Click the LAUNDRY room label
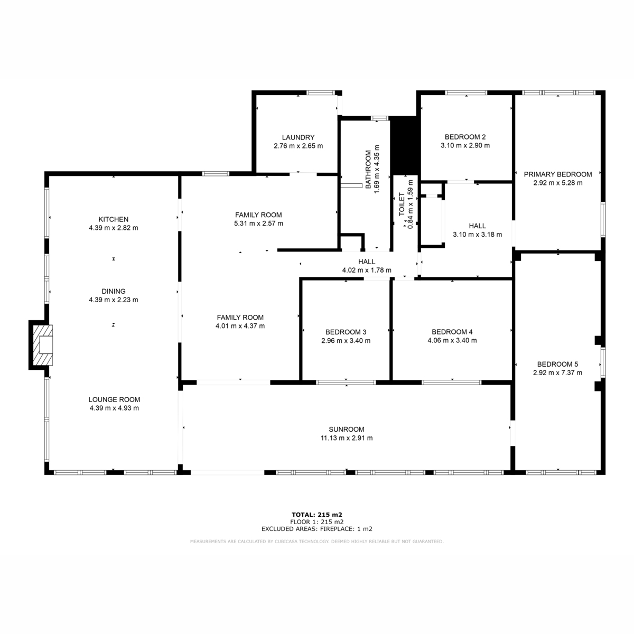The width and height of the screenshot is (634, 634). click(x=298, y=137)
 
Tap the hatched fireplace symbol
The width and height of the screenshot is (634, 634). click(x=43, y=345)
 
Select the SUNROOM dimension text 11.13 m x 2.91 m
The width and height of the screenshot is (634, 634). click(x=347, y=438)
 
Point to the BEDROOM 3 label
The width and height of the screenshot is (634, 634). click(x=346, y=332)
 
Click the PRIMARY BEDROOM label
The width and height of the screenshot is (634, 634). click(x=558, y=174)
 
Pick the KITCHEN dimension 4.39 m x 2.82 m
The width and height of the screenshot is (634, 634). click(x=114, y=228)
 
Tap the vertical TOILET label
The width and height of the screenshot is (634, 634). click(x=402, y=204)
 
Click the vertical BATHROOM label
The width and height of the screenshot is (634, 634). click(x=368, y=170)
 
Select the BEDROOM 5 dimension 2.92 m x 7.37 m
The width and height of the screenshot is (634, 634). click(x=558, y=373)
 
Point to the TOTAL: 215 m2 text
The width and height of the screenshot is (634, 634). click(x=317, y=515)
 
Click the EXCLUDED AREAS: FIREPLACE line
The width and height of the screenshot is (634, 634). click(x=317, y=529)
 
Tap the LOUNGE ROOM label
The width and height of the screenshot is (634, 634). click(x=114, y=400)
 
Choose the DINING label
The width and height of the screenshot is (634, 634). click(x=114, y=292)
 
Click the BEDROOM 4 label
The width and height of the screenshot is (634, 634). click(x=452, y=332)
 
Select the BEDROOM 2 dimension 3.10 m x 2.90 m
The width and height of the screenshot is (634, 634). click(x=465, y=145)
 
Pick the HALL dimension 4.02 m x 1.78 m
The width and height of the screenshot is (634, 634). click(x=367, y=271)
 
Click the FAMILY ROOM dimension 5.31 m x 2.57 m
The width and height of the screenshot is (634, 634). click(x=258, y=223)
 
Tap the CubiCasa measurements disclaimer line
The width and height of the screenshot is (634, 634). click(x=317, y=542)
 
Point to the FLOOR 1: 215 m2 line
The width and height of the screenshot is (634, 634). click(x=317, y=522)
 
